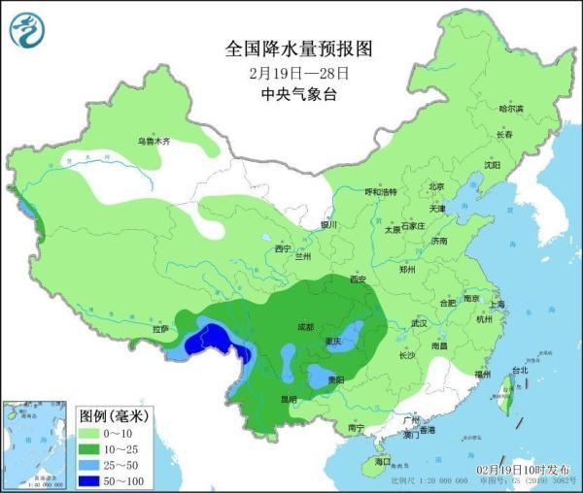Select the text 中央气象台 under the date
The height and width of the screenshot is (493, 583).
click(x=299, y=94)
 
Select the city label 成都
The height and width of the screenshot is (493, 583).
click(x=304, y=327)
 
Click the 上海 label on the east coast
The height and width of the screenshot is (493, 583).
click(x=497, y=305)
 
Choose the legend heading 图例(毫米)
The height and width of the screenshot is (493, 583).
click(x=112, y=416)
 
